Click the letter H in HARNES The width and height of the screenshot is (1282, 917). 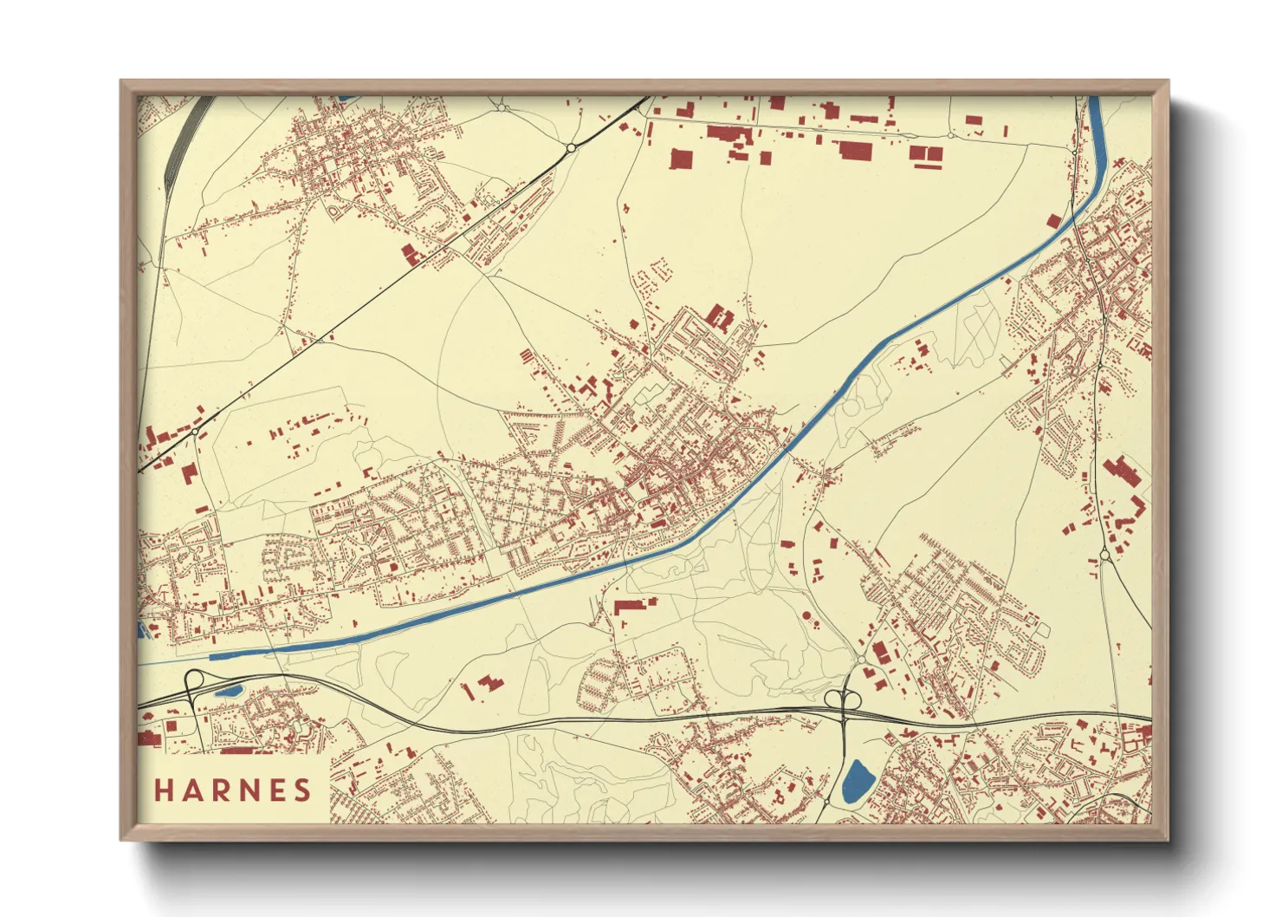(165, 790)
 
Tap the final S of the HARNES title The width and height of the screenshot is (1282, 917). (302, 790)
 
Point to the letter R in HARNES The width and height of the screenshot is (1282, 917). (220, 790)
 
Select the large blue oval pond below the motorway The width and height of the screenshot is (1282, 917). (858, 781)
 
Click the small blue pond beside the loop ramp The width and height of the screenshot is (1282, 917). (229, 692)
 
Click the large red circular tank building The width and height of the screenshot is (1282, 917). (807, 615)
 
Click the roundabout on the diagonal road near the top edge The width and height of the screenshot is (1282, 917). (571, 148)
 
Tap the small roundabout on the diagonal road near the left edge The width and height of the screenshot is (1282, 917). (196, 431)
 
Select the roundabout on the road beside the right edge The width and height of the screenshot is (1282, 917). (1104, 554)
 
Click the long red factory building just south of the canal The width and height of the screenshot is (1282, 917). (634, 605)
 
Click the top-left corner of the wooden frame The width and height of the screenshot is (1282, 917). (122, 82)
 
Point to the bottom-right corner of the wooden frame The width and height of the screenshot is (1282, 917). (1167, 838)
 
